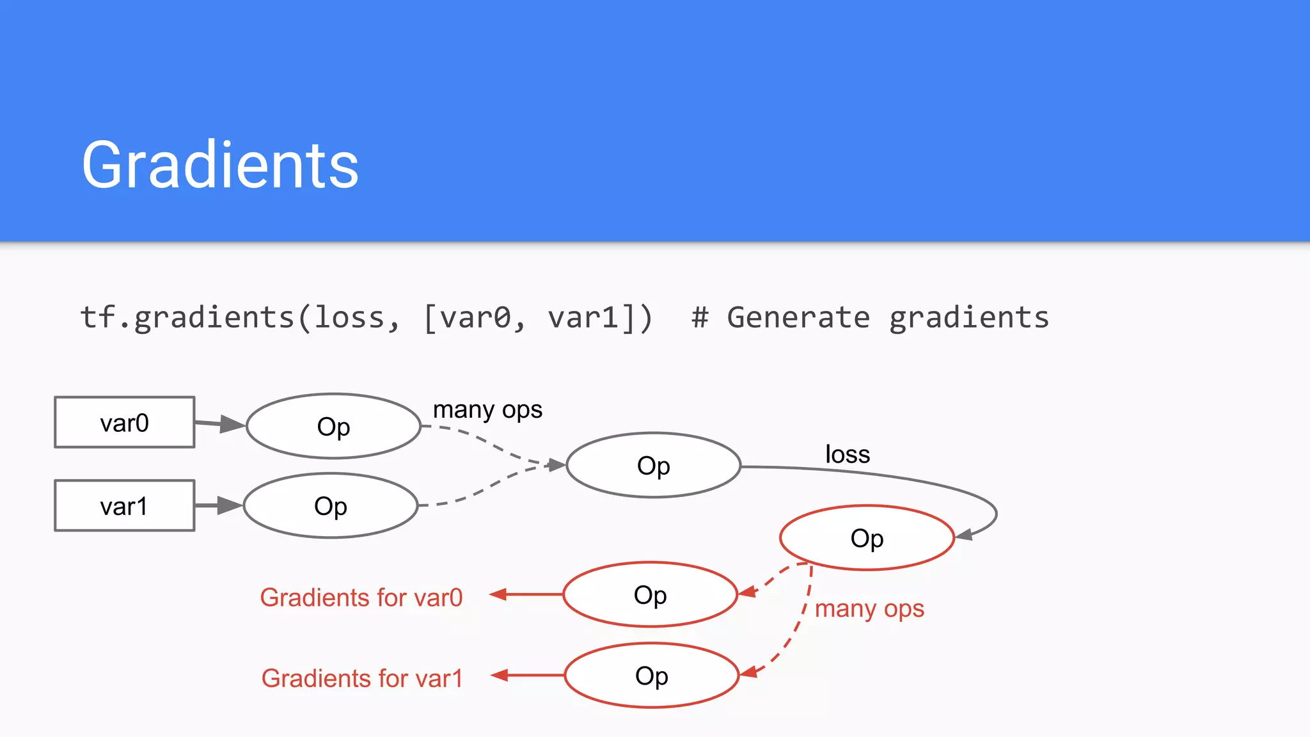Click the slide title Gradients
tap(220, 165)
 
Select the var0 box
tap(125, 422)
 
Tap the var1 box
tap(125, 505)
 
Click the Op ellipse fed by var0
tap(333, 426)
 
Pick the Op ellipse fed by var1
tap(331, 505)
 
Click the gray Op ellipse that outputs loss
tap(653, 465)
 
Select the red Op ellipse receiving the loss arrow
tap(867, 537)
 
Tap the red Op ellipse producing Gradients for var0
tap(650, 594)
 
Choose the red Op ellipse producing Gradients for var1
tap(651, 675)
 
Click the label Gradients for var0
tap(361, 598)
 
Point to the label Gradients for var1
tap(362, 678)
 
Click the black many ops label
tap(487, 410)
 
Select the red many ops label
tap(869, 608)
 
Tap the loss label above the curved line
tap(848, 454)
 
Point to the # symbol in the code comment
tap(700, 318)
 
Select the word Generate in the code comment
tap(798, 318)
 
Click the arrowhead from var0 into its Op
tap(232, 424)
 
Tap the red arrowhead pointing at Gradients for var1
tap(500, 675)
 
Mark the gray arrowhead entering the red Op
tap(965, 534)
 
